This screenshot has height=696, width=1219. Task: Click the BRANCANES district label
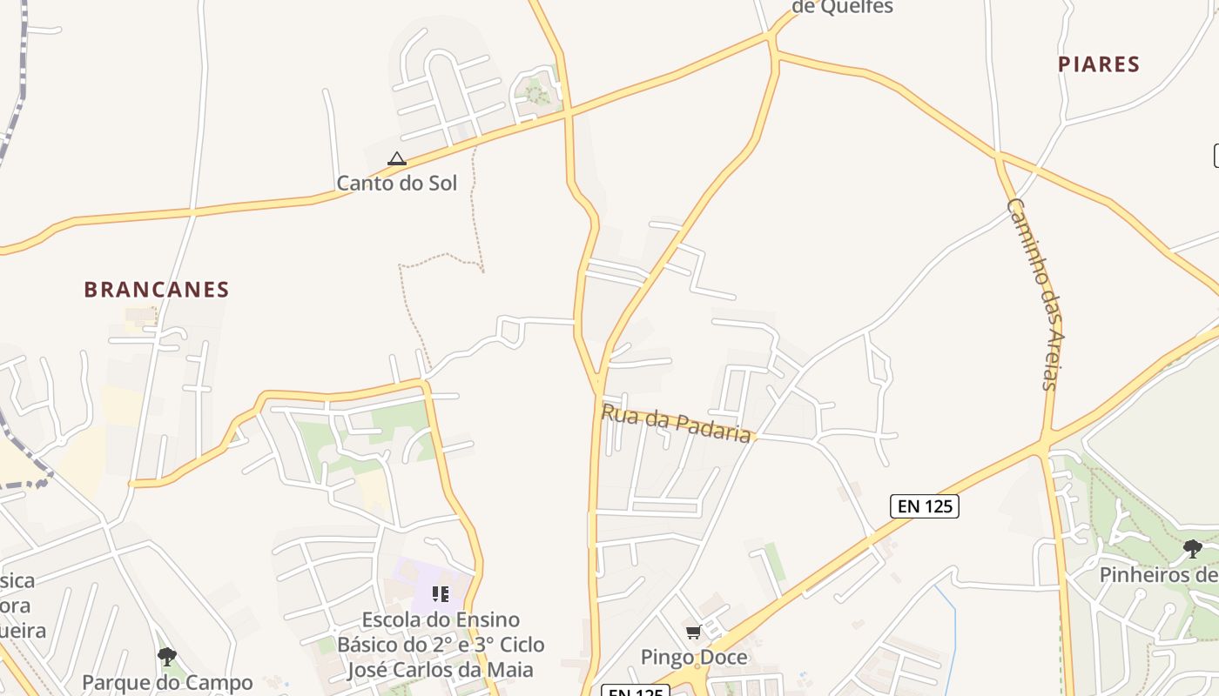pyautogui.click(x=157, y=290)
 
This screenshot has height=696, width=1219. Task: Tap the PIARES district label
pyautogui.click(x=1099, y=64)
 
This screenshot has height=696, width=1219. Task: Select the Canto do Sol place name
pyautogui.click(x=396, y=183)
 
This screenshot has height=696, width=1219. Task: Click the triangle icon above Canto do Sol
pyautogui.click(x=397, y=158)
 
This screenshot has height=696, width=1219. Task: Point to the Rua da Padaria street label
pyautogui.click(x=676, y=424)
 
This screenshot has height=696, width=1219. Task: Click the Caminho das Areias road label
pyautogui.click(x=1037, y=294)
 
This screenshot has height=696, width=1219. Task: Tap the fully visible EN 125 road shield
pyautogui.click(x=924, y=506)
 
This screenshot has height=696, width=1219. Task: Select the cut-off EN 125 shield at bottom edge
pyautogui.click(x=636, y=691)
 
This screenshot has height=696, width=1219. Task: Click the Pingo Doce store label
pyautogui.click(x=694, y=657)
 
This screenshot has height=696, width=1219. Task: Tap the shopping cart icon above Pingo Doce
pyautogui.click(x=693, y=632)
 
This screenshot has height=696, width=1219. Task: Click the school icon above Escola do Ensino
pyautogui.click(x=441, y=594)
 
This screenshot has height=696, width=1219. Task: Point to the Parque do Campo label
pyautogui.click(x=167, y=682)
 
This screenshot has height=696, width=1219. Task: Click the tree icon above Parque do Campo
pyautogui.click(x=167, y=656)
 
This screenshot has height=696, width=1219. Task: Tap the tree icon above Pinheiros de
pyautogui.click(x=1193, y=548)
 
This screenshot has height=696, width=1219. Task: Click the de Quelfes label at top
pyautogui.click(x=843, y=7)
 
